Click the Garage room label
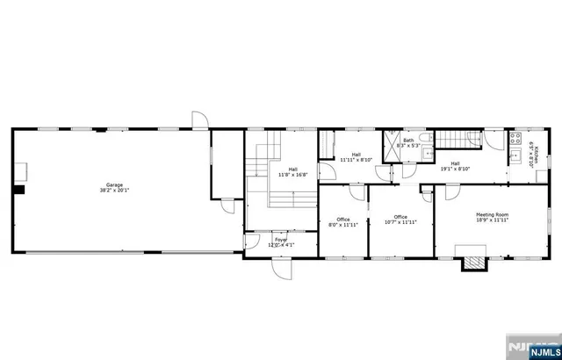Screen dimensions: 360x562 (x=114, y=187)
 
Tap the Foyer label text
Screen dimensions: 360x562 (x=281, y=241)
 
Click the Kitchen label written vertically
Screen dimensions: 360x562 (x=531, y=143)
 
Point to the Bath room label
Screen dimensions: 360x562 (x=409, y=142)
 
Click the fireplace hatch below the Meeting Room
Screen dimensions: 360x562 (x=474, y=262)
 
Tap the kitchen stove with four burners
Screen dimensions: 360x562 (x=516, y=138)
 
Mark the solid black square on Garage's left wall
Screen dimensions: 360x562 (x=18, y=187)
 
